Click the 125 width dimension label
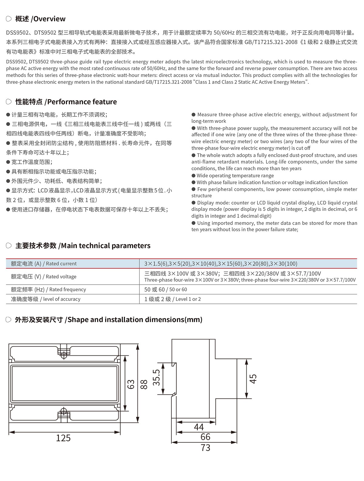(63, 438)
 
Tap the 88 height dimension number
(144, 384)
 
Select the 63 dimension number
(131, 384)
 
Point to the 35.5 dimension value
(156, 378)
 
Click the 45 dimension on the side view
(253, 378)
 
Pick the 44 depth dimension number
(199, 427)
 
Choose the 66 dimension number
(205, 437)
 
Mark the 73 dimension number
(205, 448)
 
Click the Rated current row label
(44, 263)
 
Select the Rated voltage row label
(43, 276)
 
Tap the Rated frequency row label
(48, 290)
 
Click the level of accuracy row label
(45, 299)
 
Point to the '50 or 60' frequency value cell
(166, 290)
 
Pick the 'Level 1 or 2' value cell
(173, 299)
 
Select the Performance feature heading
(66, 102)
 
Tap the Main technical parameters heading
(83, 246)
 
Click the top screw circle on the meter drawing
(64, 354)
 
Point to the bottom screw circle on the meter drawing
(64, 412)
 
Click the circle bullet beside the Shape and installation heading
(9, 320)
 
